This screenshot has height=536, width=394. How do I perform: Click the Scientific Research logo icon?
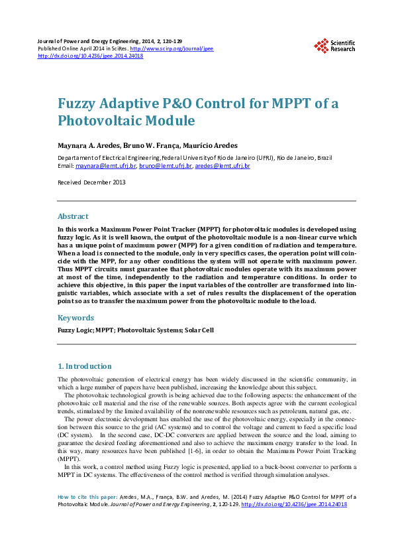click(321, 46)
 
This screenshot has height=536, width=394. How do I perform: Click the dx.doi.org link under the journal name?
click(91, 56)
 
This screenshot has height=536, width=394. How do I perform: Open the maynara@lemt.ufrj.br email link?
click(106, 165)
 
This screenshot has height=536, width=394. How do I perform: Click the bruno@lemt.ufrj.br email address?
click(166, 165)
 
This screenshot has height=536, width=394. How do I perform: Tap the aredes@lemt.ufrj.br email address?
click(222, 165)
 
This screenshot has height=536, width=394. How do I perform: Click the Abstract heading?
click(73, 216)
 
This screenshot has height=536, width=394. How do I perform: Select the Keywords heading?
click(76, 318)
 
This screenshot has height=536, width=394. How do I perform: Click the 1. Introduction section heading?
click(85, 366)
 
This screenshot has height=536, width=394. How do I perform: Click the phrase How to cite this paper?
click(87, 496)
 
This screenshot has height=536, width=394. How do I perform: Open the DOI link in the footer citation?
click(295, 504)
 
